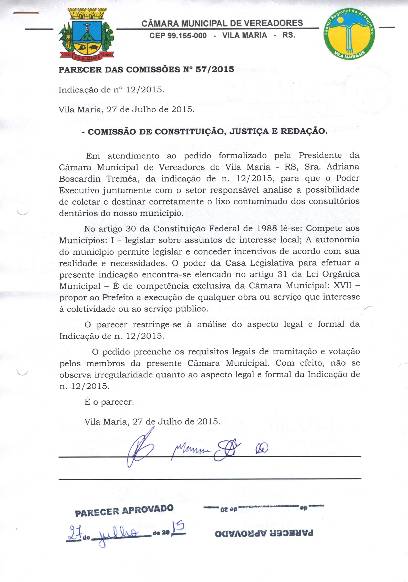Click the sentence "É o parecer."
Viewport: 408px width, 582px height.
click(109, 402)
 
